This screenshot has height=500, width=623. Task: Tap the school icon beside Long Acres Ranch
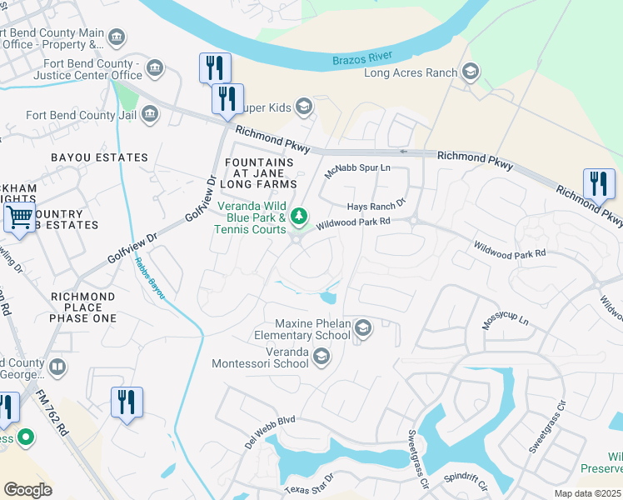[471, 72]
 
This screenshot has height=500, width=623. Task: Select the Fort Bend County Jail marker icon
[150, 114]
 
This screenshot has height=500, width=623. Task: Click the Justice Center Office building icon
[153, 67]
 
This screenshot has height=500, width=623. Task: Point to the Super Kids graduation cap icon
[304, 106]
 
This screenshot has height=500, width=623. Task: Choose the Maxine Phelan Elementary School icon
[362, 329]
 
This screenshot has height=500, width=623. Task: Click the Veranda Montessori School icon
[321, 357]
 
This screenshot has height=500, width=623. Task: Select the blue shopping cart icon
[19, 219]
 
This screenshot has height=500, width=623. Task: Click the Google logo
[27, 489]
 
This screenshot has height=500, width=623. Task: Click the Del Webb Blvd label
[271, 431]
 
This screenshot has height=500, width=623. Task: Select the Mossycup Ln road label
[506, 320]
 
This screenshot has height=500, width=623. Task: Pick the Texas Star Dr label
[309, 483]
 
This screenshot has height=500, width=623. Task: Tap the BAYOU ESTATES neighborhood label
[99, 157]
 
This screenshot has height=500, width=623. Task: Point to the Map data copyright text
[587, 493]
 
